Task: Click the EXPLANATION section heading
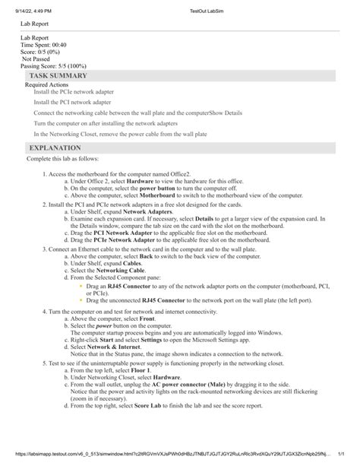[x=54, y=147]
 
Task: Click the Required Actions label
[x=47, y=85]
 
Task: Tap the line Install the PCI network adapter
[x=72, y=102]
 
